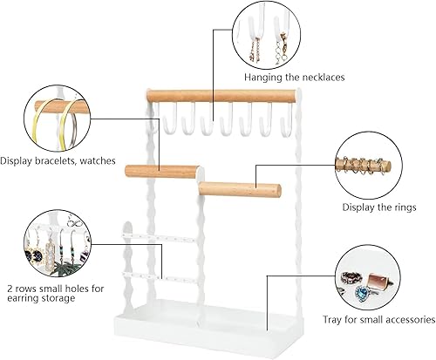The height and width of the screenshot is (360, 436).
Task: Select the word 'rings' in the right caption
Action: click(405, 207)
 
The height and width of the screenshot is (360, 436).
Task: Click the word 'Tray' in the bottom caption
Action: click(332, 320)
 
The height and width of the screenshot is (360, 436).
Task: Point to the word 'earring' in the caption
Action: click(23, 298)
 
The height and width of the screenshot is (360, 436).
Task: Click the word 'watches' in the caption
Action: click(98, 160)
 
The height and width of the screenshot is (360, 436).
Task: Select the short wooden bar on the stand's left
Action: click(162, 172)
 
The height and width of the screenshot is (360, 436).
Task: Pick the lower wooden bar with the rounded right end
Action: click(240, 189)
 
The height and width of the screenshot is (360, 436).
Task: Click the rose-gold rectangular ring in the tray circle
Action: click(378, 281)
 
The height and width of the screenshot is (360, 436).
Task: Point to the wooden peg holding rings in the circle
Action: click(363, 166)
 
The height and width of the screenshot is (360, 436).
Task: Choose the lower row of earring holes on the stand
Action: click(162, 277)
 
